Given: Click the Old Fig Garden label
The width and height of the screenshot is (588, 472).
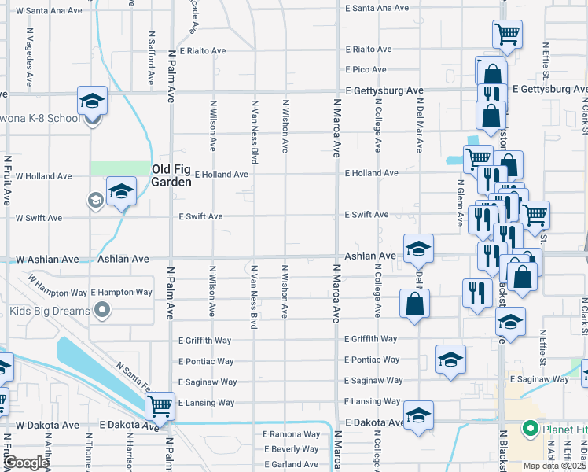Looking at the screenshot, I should [171, 175].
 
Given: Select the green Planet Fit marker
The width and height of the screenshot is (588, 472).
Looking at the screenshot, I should [530, 430].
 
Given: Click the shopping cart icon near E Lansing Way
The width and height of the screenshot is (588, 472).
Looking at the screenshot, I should [160, 407].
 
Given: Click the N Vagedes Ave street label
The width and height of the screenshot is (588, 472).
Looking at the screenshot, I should [29, 57].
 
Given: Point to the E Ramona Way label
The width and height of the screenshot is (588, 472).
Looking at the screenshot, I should [292, 434].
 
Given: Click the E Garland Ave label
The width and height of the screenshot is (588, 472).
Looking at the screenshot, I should [291, 464].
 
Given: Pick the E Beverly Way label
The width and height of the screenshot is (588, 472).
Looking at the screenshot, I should [292, 449].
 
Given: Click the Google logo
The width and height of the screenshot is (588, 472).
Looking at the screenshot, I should [25, 463].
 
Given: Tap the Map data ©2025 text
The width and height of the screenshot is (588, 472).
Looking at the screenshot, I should [554, 466].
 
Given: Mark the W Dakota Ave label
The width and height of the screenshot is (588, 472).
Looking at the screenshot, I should [47, 425].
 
